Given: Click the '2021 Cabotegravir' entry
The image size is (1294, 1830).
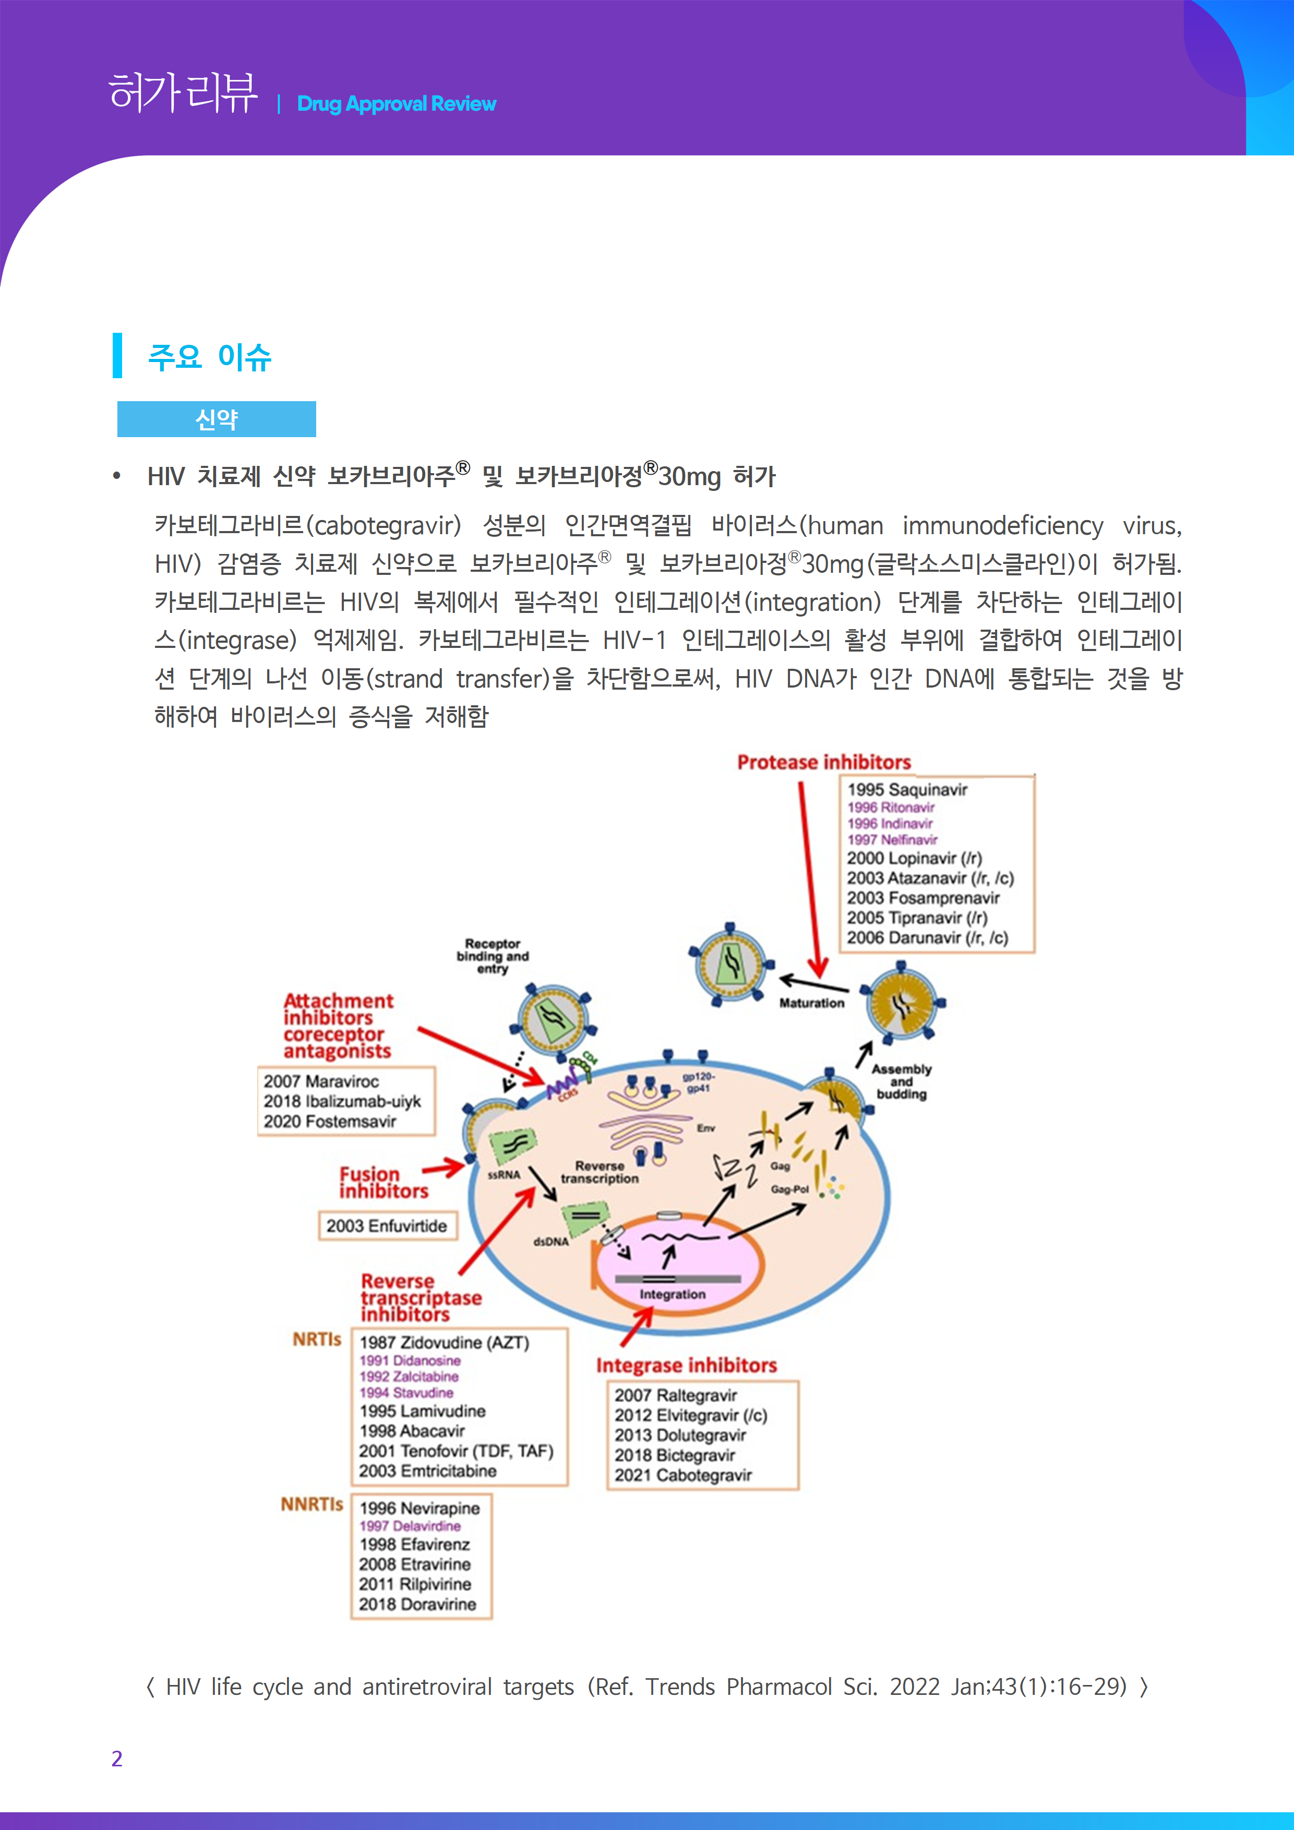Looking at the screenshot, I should [682, 1475].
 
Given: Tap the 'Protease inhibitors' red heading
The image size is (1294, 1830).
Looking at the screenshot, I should [823, 763].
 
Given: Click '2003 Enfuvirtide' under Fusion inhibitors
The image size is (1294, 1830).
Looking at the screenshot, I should [386, 1226].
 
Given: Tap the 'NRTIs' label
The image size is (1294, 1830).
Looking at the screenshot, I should [317, 1339].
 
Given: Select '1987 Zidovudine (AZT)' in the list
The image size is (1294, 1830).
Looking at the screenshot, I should [444, 1343].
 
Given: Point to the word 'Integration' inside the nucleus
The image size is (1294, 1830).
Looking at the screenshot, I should [672, 1294].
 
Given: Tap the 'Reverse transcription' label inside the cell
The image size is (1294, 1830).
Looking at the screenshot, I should [600, 1173].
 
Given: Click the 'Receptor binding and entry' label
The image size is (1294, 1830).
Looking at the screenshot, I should [492, 956].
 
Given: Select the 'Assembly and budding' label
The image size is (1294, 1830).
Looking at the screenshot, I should [901, 1081].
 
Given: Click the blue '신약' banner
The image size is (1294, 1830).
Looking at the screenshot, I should [216, 419].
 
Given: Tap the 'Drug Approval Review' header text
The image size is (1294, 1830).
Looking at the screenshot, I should [396, 104].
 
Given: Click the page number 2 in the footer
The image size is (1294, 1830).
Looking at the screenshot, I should [117, 1758].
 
